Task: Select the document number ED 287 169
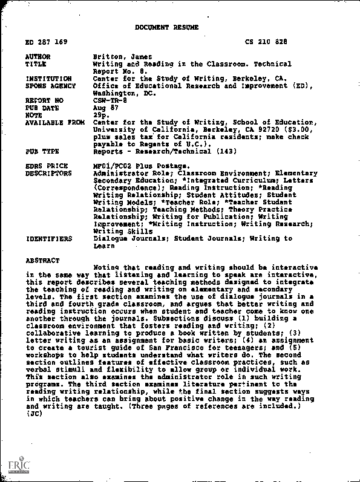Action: click(x=47, y=42)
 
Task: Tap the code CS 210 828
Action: click(x=267, y=42)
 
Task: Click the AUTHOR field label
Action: click(x=38, y=57)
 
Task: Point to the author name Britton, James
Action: click(x=118, y=57)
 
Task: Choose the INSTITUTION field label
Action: click(x=48, y=79)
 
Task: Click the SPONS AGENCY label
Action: click(x=50, y=86)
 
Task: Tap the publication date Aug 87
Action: click(x=103, y=107)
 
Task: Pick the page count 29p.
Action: click(x=100, y=114)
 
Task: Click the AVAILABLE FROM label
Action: click(x=55, y=122)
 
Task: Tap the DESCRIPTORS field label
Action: click(x=48, y=173)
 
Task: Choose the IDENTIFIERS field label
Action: click(x=48, y=239)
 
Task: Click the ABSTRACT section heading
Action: click(x=42, y=261)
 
